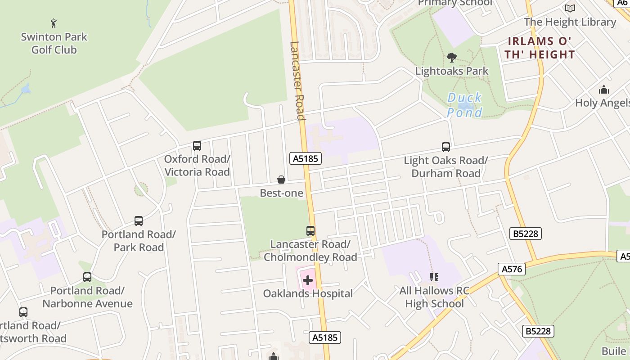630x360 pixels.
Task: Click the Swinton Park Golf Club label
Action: [x=54, y=43]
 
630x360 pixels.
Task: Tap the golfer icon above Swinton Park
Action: [x=54, y=23]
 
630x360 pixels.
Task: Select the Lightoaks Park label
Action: [x=451, y=71]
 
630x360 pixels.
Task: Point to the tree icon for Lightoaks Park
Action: [x=451, y=58]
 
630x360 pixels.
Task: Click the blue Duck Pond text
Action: [x=464, y=105]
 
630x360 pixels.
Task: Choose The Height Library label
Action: [x=570, y=22]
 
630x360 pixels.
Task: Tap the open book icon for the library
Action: [x=570, y=8]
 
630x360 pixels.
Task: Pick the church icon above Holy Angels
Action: [x=603, y=90]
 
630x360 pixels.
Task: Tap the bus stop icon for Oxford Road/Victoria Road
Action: [x=197, y=146]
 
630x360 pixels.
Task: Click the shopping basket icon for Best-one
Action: [x=281, y=180]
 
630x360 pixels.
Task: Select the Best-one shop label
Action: [x=281, y=193]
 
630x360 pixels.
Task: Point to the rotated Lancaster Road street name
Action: [x=297, y=81]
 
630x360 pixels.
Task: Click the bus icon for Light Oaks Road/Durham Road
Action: [x=445, y=147]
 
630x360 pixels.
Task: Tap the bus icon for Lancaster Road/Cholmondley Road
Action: [x=310, y=231]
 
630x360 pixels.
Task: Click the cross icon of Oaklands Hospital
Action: [x=308, y=281]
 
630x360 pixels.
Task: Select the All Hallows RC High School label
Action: [x=434, y=297]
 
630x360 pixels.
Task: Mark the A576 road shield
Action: [x=512, y=269]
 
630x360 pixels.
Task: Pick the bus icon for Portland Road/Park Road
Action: [x=139, y=221]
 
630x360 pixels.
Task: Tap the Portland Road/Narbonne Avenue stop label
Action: [x=87, y=297]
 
